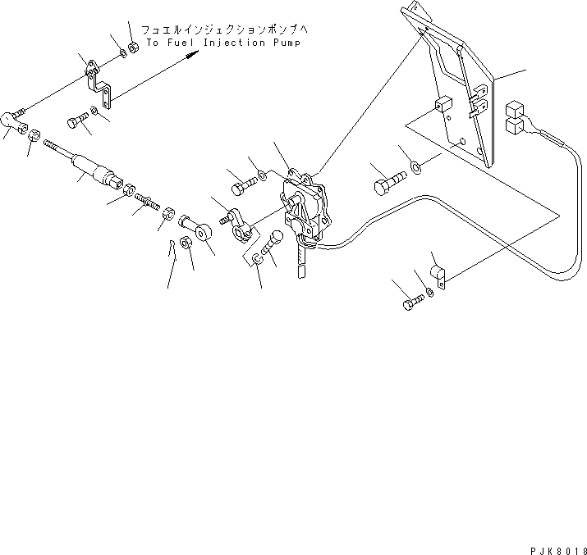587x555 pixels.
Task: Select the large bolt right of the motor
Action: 388,178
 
